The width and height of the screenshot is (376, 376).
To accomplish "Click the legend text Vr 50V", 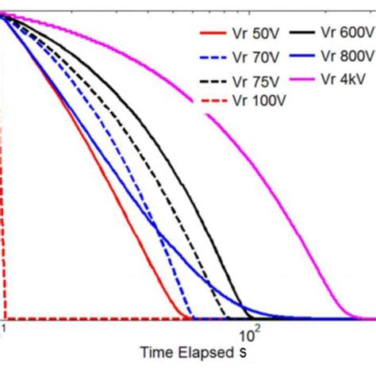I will point(254,34).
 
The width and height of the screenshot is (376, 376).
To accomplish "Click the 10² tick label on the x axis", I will point(251,328).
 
